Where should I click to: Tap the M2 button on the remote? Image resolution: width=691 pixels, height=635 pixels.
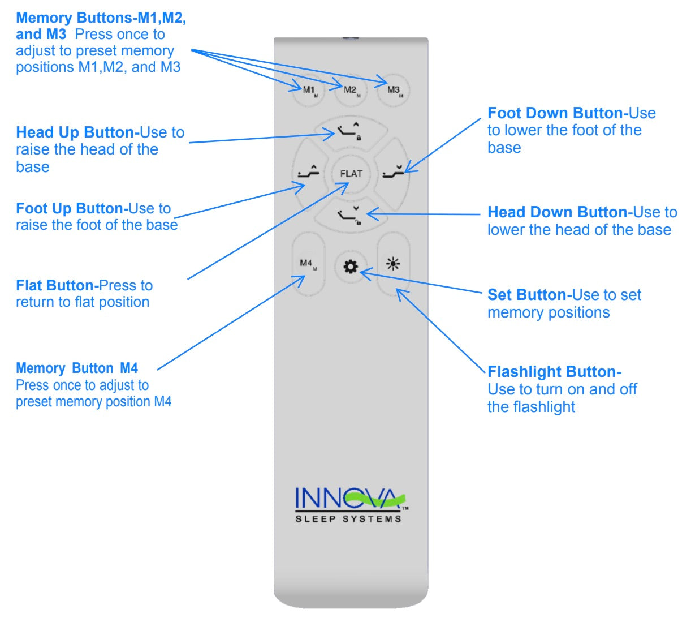point(351,91)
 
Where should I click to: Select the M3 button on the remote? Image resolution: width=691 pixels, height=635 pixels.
point(394,91)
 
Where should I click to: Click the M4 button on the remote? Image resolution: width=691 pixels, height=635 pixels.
point(308,264)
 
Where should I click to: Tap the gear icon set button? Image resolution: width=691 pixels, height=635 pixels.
point(351,267)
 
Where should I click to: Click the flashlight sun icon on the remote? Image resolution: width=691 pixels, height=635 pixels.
point(393,264)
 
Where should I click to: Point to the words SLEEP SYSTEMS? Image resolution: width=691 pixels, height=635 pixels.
point(348,518)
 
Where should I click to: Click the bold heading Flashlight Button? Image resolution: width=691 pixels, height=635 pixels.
point(554,372)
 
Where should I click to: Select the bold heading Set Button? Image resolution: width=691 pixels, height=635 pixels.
point(527,295)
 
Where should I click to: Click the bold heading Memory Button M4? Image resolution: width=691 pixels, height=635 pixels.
point(77,368)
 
